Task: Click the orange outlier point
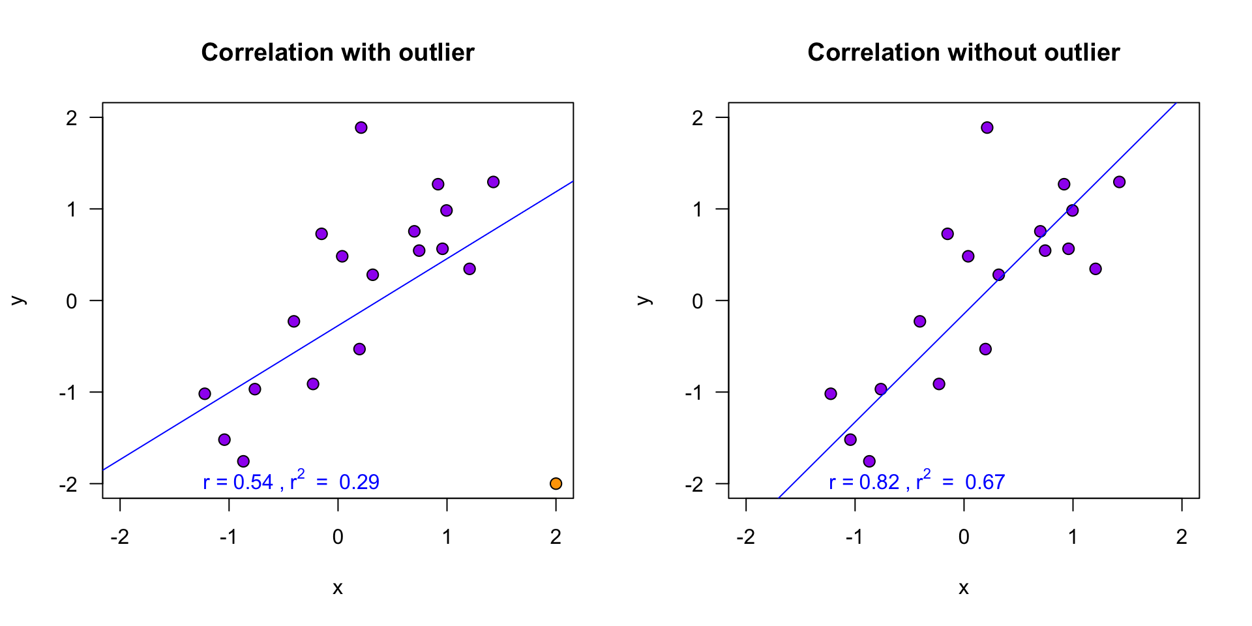[x=556, y=483]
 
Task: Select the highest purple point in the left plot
[x=361, y=127]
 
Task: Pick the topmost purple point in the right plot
[x=987, y=127]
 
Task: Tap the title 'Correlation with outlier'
[x=338, y=52]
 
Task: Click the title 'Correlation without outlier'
[x=964, y=52]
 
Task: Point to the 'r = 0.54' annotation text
[x=238, y=482]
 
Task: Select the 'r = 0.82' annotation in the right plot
[x=864, y=482]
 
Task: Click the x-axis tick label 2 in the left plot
[x=556, y=537]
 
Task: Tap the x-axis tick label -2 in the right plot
[x=746, y=537]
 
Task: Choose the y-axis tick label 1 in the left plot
[x=72, y=209]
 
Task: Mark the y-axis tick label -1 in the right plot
[x=694, y=393]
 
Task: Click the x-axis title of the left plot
[x=338, y=588]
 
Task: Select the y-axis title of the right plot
[x=644, y=301]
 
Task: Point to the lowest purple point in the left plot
[x=243, y=461]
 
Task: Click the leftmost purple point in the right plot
[x=830, y=393]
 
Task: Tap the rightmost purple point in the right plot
[x=1119, y=182]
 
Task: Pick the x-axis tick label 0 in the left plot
[x=338, y=537]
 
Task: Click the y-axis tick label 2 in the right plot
[x=698, y=118]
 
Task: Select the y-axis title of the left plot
[x=18, y=301]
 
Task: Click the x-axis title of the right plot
[x=964, y=588]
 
